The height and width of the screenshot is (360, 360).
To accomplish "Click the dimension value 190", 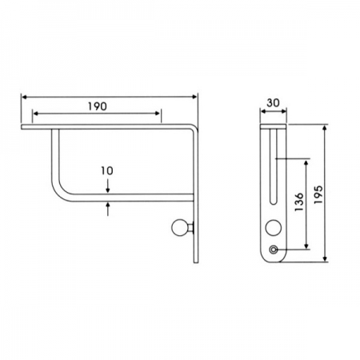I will [97, 106].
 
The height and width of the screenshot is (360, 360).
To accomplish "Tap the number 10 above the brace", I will [106, 170].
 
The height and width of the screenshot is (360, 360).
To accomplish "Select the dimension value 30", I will [273, 103].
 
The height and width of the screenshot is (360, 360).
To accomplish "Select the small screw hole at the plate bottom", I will [275, 250].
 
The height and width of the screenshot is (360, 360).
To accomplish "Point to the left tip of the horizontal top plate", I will [24, 126].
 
